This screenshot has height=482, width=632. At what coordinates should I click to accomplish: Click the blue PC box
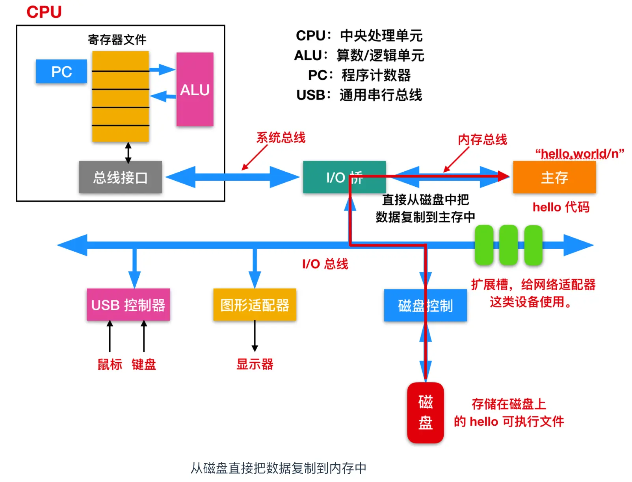(61, 71)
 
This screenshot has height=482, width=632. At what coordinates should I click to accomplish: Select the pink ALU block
(195, 89)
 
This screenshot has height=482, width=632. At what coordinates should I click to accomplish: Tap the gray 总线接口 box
(120, 177)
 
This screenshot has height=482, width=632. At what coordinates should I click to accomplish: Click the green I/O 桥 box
(344, 177)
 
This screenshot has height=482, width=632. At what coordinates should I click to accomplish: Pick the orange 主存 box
(554, 177)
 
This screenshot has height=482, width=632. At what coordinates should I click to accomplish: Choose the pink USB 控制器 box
(128, 304)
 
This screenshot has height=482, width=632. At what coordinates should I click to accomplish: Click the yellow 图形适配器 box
(255, 304)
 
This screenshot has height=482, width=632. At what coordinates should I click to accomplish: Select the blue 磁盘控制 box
(425, 305)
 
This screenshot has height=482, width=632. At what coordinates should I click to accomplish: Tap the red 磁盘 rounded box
(425, 412)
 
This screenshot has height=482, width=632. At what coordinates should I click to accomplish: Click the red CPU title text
(44, 12)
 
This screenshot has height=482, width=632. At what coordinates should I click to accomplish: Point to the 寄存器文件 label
(117, 39)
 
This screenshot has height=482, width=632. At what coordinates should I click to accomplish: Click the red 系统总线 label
(281, 137)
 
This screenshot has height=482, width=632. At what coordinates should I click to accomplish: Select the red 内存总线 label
(482, 139)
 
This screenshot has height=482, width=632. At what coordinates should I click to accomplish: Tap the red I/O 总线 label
(325, 263)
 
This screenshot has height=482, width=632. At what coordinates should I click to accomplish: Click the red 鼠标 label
(110, 364)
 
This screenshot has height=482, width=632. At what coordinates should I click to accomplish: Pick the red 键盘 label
(144, 364)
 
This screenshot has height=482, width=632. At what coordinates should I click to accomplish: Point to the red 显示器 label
(255, 364)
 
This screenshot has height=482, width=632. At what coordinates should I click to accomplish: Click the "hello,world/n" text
(579, 153)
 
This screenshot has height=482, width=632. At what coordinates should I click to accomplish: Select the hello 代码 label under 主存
(561, 207)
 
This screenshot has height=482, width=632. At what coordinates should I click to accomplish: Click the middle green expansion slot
(508, 245)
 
